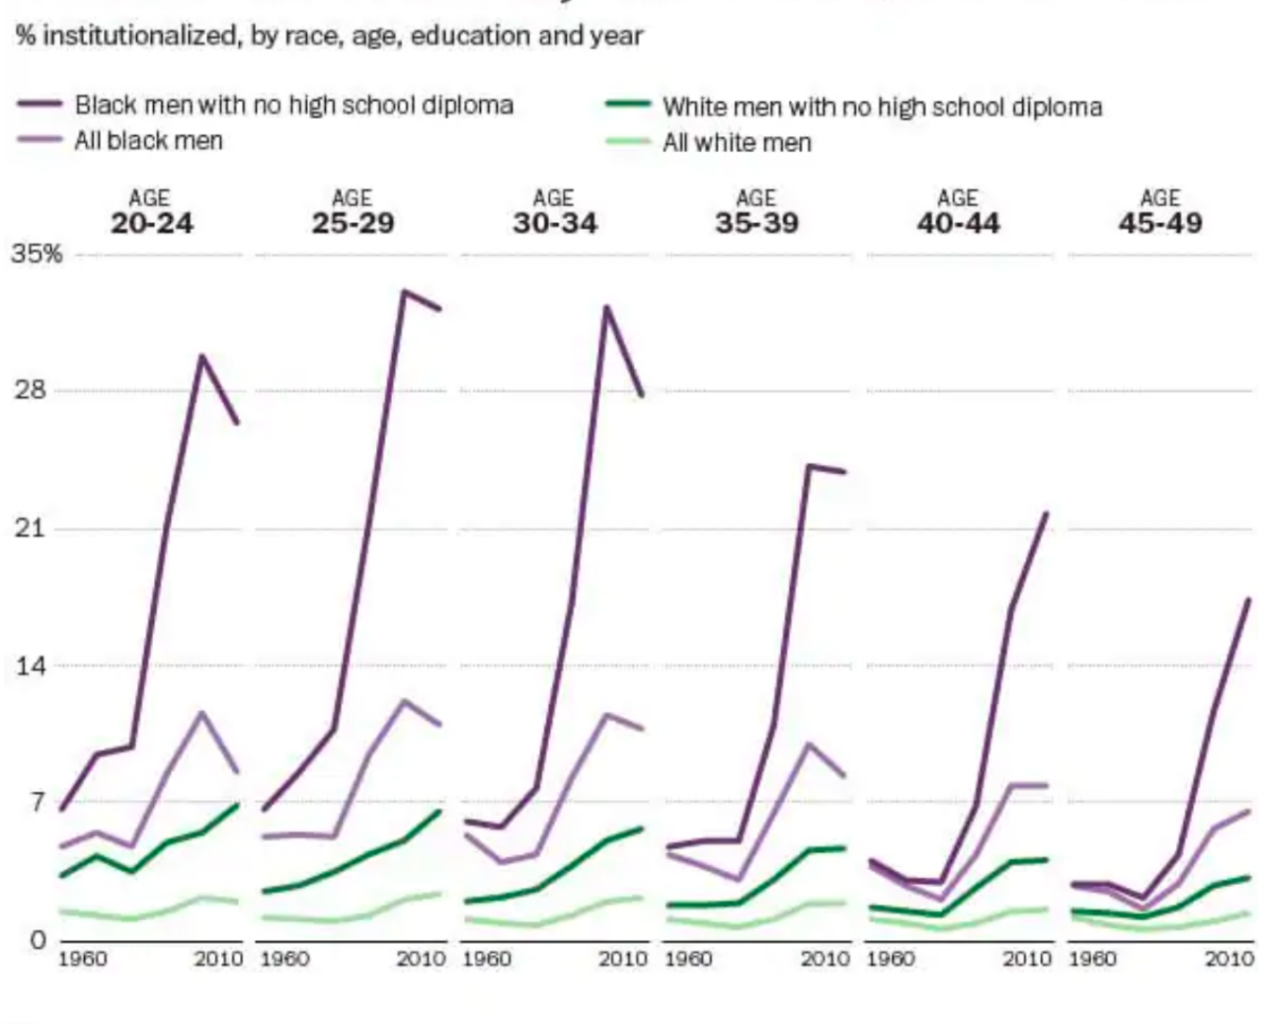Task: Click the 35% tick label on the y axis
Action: coord(37,254)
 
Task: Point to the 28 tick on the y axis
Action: coord(31,390)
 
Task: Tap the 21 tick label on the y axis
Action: coord(31,528)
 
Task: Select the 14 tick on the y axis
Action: coord(31,666)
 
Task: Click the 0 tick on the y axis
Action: coord(38,939)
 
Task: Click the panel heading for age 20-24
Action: coord(151,212)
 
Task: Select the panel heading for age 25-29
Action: coord(353,212)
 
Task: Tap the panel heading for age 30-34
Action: coord(554,212)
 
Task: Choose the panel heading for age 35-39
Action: coord(756,212)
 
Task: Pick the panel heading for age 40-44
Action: coord(958,212)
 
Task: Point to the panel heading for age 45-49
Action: coord(1160,212)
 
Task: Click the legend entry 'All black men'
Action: coord(148,141)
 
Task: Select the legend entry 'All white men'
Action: coord(737,143)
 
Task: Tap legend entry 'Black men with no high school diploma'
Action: coord(293,105)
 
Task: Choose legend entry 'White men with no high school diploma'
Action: coord(882,107)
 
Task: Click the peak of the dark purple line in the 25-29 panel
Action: coord(404,291)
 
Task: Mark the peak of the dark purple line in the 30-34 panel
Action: coord(605,307)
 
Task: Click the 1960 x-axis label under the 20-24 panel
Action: coord(82,959)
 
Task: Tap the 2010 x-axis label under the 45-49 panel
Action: coord(1228,959)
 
